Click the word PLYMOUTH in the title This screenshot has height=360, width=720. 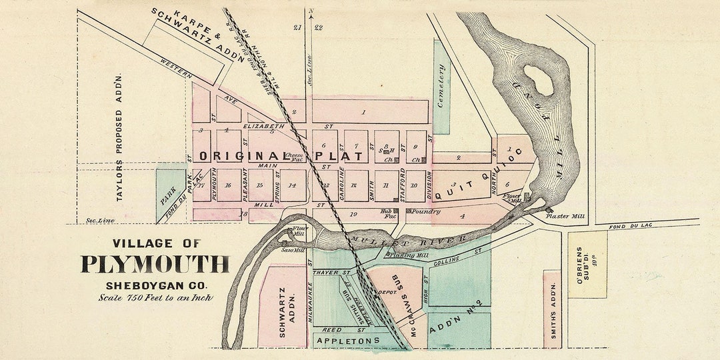click(155, 264)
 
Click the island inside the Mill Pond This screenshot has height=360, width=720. click(539, 79)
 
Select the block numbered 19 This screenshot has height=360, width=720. click(354, 214)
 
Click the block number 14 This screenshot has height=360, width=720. click(292, 185)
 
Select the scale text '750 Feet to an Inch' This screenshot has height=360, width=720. click(155, 298)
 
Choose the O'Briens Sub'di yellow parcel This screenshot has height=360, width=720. click(587, 264)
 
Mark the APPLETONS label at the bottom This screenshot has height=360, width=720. click(347, 341)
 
